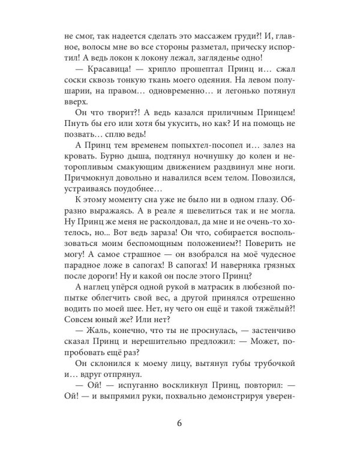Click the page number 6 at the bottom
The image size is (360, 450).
click(179, 419)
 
